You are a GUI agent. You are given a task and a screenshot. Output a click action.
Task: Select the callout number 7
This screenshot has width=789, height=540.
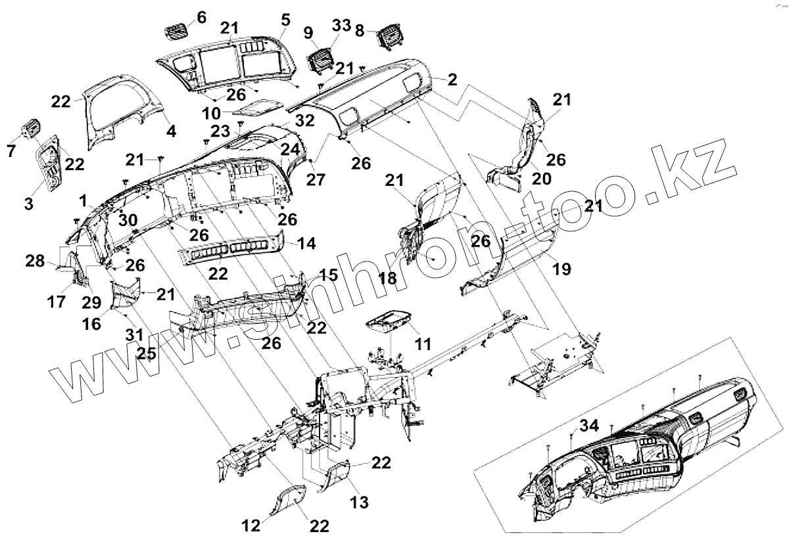click(11, 151)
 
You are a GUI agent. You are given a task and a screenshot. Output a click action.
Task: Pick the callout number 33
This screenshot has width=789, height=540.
click(341, 26)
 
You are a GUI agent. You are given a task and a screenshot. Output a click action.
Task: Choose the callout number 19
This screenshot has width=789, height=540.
click(562, 268)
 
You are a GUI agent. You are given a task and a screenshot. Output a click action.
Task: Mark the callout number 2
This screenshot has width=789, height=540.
click(452, 79)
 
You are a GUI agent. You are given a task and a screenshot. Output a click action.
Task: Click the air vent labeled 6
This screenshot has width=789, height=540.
click(175, 31)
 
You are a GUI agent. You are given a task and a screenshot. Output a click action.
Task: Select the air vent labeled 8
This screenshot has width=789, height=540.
click(387, 39)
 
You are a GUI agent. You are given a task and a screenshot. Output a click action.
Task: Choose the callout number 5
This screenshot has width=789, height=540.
click(284, 18)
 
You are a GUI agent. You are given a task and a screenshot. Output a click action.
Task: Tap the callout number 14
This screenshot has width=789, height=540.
click(306, 244)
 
